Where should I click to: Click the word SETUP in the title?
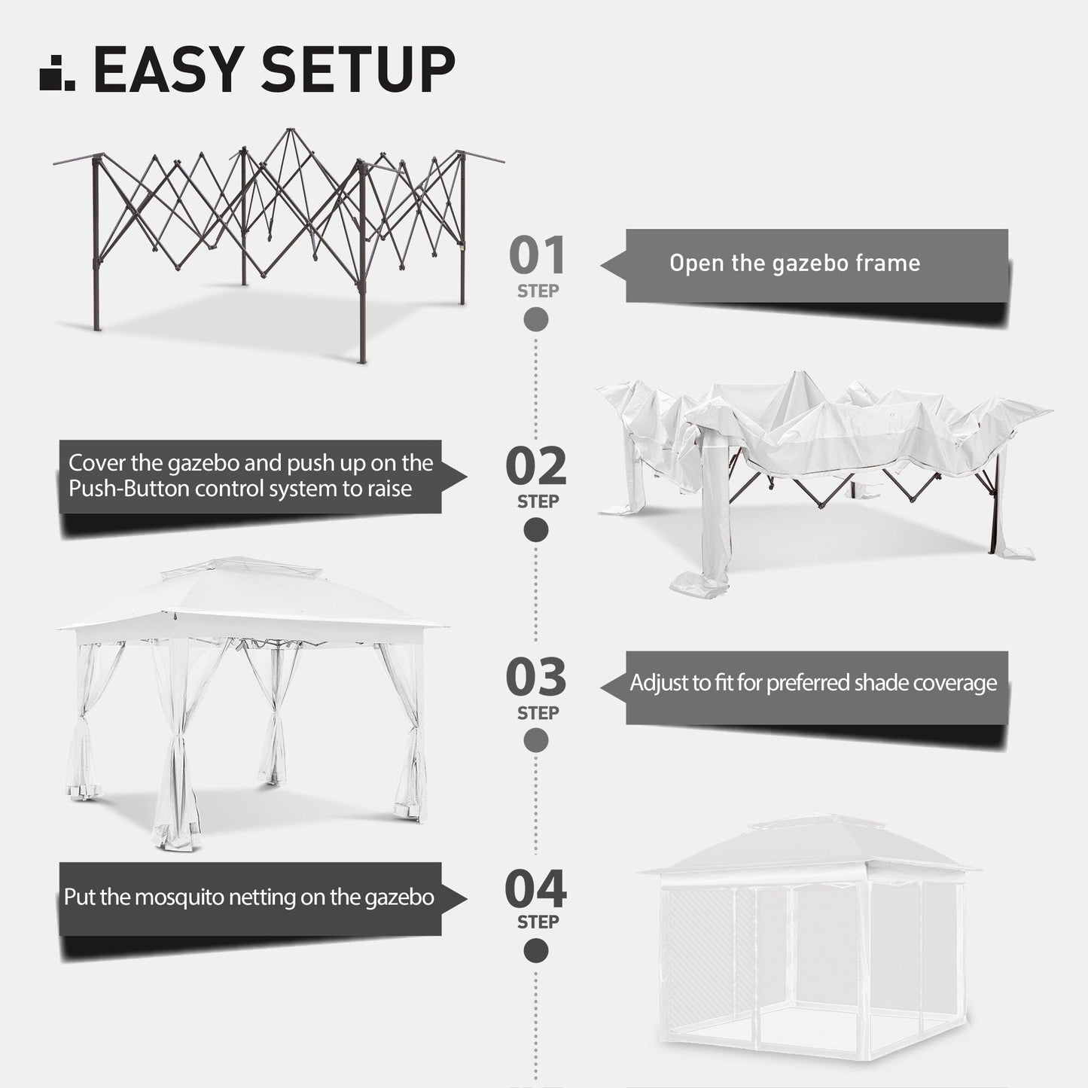click(357, 69)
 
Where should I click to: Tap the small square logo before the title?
click(56, 73)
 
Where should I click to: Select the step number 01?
click(537, 256)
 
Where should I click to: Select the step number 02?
click(536, 467)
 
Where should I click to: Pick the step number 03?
click(536, 678)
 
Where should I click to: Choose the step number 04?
click(536, 889)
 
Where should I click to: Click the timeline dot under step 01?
click(536, 320)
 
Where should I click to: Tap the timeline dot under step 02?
click(536, 531)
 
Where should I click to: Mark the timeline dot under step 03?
click(536, 741)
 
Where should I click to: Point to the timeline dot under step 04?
click(536, 951)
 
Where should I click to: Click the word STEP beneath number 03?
click(537, 712)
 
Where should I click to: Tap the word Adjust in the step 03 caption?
click(657, 683)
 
